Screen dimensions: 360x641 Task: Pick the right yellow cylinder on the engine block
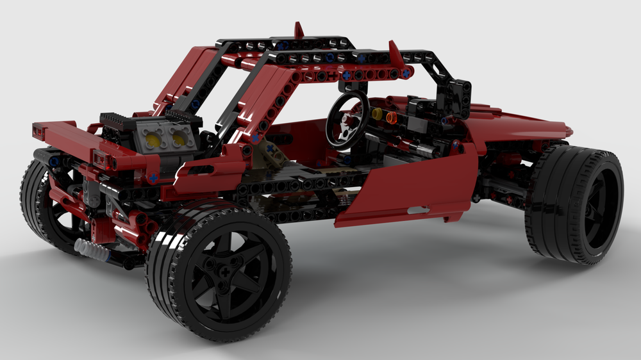pyautogui.click(x=176, y=136)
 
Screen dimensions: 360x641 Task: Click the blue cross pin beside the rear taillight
pyautogui.click(x=153, y=177)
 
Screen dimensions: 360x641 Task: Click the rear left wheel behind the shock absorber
pyautogui.click(x=48, y=205)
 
